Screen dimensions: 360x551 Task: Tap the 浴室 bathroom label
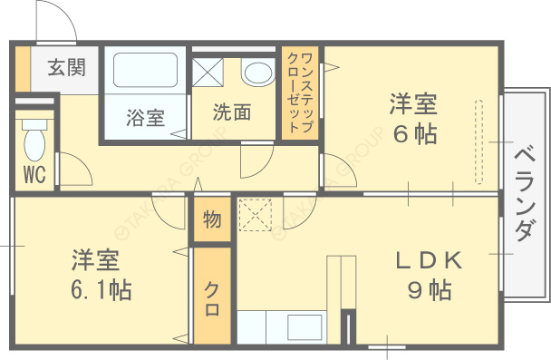[145, 117]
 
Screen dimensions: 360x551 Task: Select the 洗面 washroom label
[232, 112]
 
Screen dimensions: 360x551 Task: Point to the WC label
[35, 173]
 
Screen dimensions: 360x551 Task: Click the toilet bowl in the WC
[34, 141]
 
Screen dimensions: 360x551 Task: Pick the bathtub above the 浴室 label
[145, 72]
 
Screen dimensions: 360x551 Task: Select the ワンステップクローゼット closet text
[301, 93]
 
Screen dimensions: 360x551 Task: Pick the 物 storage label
[212, 219]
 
